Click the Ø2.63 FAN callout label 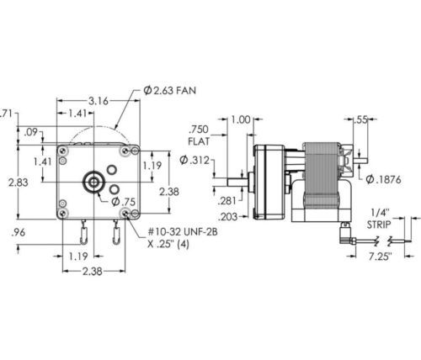tap(169, 90)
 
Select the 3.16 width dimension tap(99, 101)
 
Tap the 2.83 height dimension tap(18, 183)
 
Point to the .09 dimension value tap(30, 132)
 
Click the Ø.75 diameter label tap(124, 202)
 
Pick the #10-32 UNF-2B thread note tap(183, 232)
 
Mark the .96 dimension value tap(19, 232)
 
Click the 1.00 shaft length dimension tap(240, 119)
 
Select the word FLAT tap(199, 141)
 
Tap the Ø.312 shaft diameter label tap(195, 160)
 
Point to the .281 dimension tap(227, 201)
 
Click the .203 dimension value tap(227, 216)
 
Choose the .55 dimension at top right tap(360, 119)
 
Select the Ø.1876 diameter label tap(383, 179)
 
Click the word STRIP tap(379, 225)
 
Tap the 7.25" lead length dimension tap(380, 257)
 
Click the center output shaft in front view tap(93, 183)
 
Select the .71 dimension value tap(6, 114)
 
